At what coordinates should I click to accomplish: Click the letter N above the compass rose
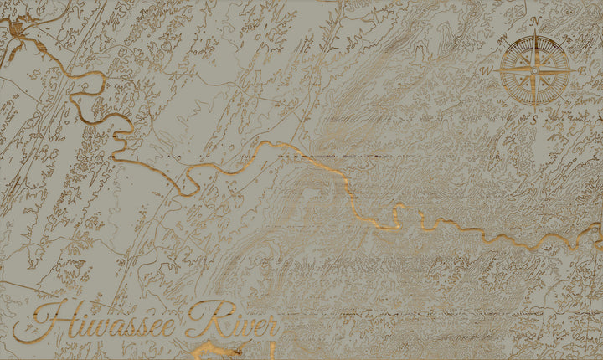click(534, 21)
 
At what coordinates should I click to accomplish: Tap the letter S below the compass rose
click(534, 120)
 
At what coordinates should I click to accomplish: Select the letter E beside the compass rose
click(583, 71)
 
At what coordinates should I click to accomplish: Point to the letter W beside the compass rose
click(486, 71)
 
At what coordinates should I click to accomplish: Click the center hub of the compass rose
click(534, 71)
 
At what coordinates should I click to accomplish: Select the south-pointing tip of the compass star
click(534, 111)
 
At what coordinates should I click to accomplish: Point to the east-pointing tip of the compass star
click(575, 71)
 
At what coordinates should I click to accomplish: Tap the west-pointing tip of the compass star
click(495, 71)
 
